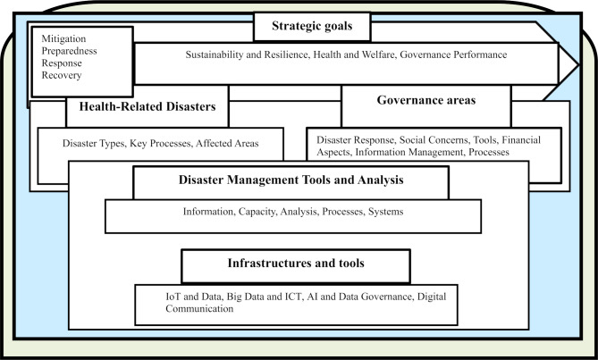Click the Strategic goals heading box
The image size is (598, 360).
(x=310, y=26)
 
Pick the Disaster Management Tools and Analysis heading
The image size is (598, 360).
(x=290, y=180)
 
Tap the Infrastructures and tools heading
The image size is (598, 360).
(x=296, y=264)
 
